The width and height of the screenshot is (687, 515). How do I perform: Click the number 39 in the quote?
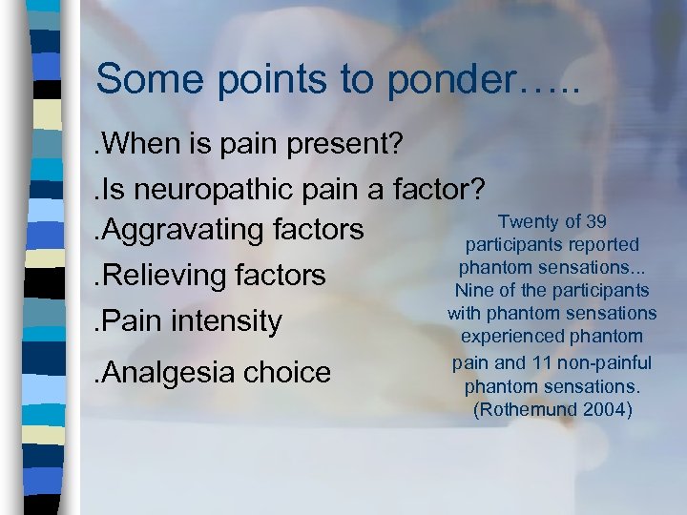coord(596,222)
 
